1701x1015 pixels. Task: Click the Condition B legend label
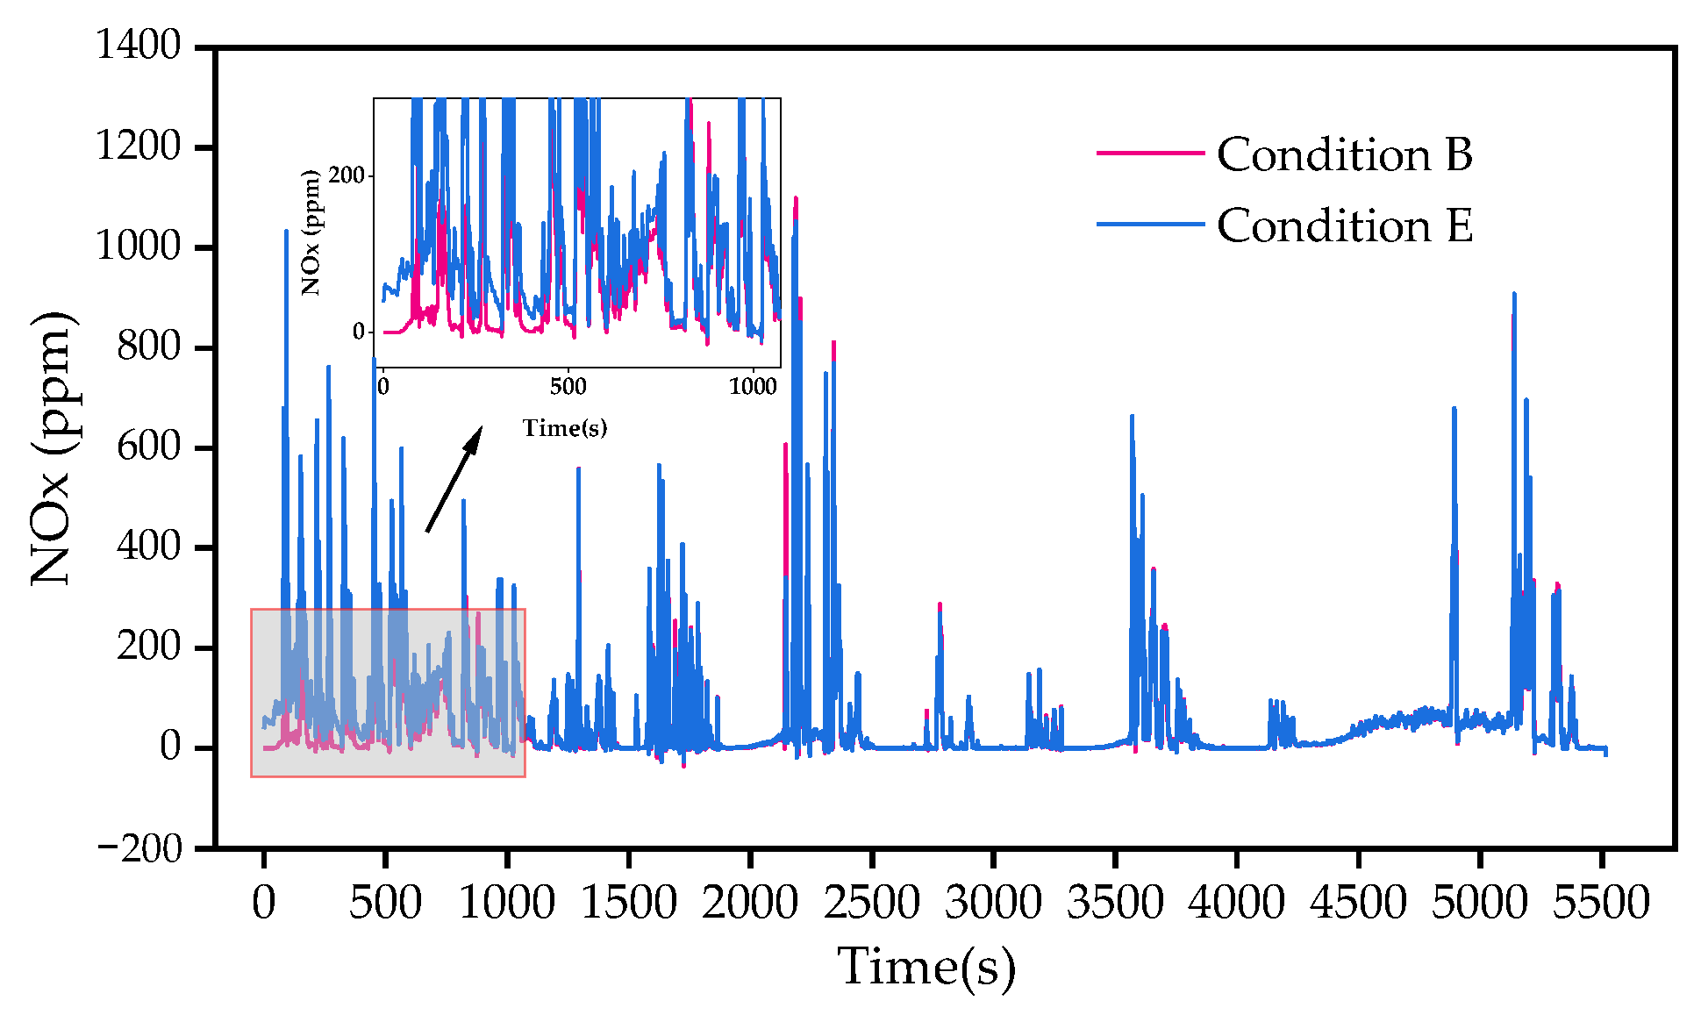pos(1344,154)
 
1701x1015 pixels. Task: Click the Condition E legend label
pos(1344,226)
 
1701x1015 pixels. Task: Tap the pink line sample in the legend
pos(1150,153)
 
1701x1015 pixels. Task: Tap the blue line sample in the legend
pos(1150,225)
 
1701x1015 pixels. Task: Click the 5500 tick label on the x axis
pos(1601,903)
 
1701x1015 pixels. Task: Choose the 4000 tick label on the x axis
pos(1236,903)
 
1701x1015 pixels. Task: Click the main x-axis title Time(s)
pos(926,967)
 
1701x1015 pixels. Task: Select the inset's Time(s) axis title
pos(565,428)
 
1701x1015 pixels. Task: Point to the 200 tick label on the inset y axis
pos(346,175)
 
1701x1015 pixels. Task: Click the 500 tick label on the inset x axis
pos(568,387)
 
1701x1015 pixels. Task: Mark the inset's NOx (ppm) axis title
pos(311,232)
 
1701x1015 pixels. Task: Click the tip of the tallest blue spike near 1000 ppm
pos(286,232)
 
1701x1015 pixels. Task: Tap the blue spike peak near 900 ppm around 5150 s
pos(1514,295)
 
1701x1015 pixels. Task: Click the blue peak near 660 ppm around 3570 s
pos(1132,416)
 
